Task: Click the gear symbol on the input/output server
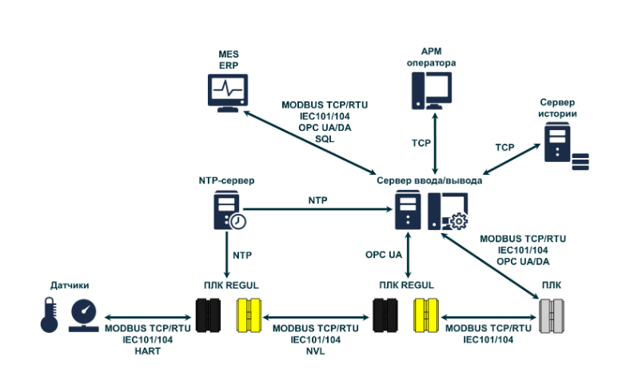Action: [458, 222]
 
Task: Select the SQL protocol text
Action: [325, 138]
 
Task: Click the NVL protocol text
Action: [315, 351]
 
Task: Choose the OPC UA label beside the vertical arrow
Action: [383, 255]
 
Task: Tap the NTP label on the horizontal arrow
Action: [318, 200]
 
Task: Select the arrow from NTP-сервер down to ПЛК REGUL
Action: [226, 255]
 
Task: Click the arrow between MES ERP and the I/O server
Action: [312, 142]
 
